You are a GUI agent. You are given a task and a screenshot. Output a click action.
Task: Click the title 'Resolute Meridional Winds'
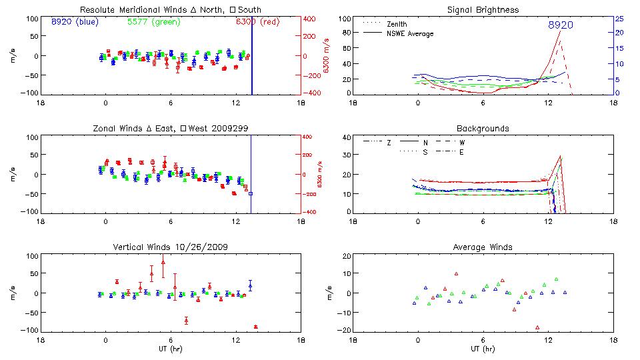pyautogui.click(x=125, y=10)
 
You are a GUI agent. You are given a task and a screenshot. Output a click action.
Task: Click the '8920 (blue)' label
pyautogui.click(x=74, y=22)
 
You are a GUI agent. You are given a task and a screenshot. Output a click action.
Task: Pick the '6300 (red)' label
pyautogui.click(x=257, y=22)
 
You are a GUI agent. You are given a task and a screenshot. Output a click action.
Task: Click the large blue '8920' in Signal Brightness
pyautogui.click(x=561, y=25)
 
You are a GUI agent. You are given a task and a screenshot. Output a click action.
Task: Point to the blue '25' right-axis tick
pyautogui.click(x=619, y=19)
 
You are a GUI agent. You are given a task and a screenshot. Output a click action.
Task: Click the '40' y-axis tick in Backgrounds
pyautogui.click(x=346, y=138)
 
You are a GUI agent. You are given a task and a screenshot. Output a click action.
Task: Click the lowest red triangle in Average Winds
pyautogui.click(x=537, y=327)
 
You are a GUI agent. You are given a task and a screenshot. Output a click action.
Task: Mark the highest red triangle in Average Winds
pyautogui.click(x=457, y=273)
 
